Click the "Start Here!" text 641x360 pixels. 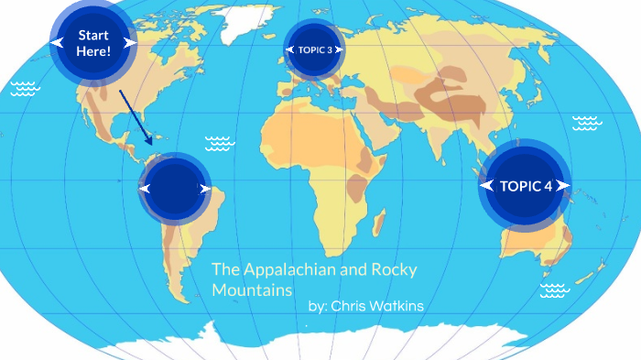(93, 42)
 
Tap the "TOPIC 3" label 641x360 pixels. (315, 49)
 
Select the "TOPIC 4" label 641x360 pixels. (526, 186)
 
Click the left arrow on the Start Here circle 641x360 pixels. (58, 42)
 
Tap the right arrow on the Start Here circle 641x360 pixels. (130, 42)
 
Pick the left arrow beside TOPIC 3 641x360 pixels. (290, 49)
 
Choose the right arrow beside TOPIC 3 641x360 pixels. (339, 49)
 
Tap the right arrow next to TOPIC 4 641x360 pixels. (564, 186)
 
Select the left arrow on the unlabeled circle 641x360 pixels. (145, 188)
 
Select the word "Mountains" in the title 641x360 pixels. (252, 289)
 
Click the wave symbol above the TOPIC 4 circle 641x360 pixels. (586, 122)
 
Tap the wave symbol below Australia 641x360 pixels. (555, 291)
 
